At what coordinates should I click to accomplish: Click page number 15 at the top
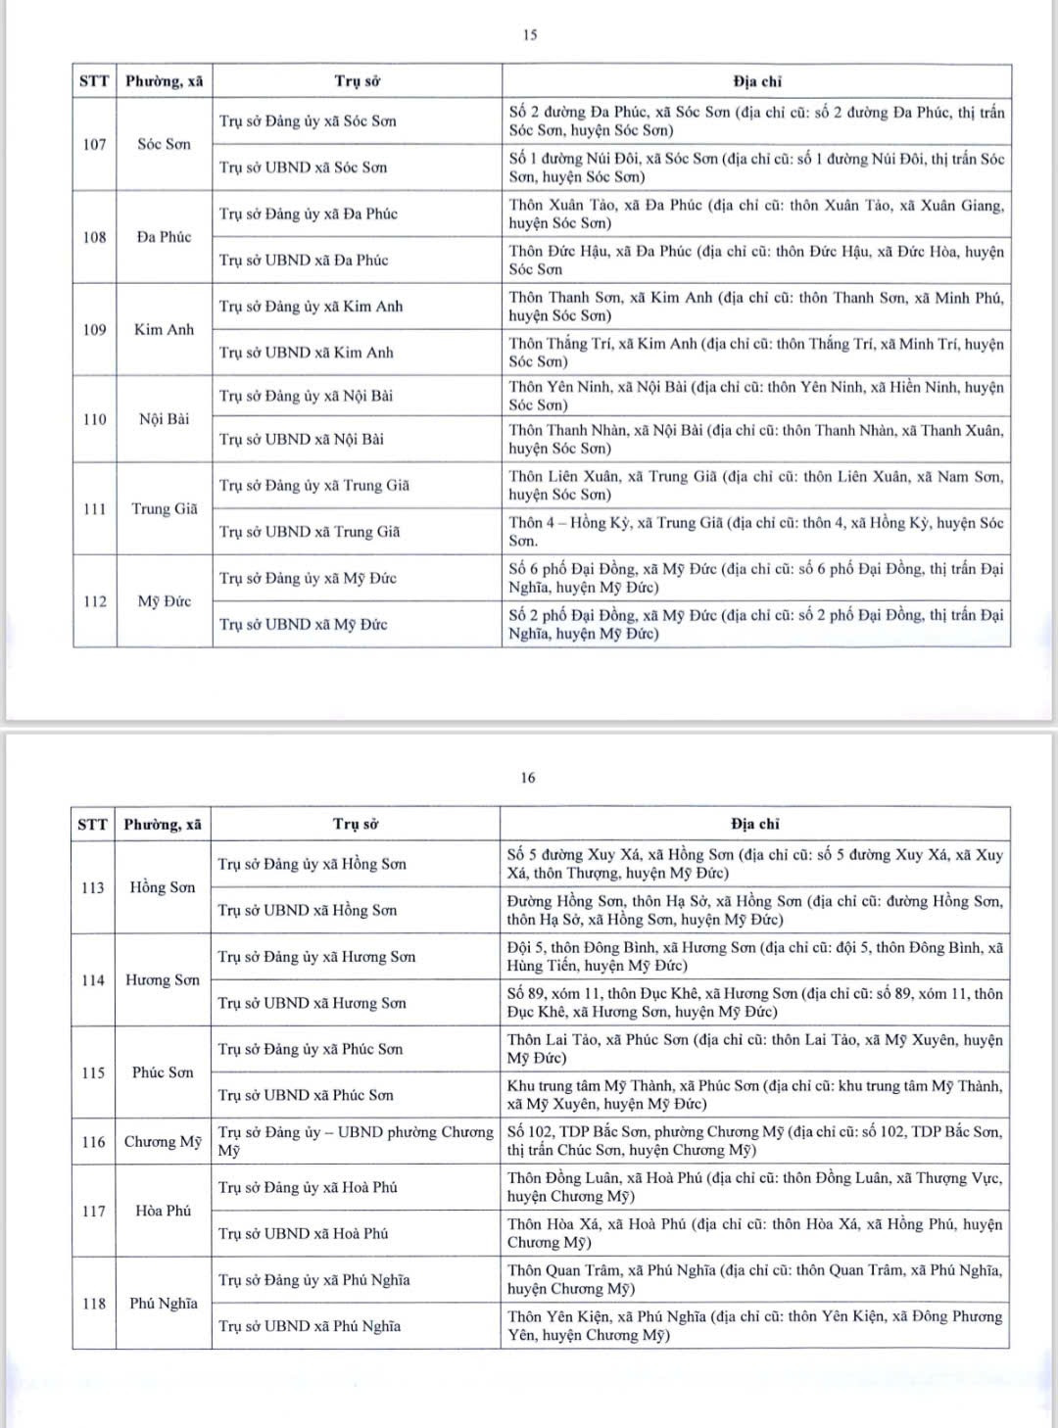point(530,35)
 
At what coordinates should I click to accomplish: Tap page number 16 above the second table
point(528,778)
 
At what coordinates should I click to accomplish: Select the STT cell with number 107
point(94,144)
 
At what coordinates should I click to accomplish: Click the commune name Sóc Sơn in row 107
point(164,144)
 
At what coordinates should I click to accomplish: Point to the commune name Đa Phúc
point(164,237)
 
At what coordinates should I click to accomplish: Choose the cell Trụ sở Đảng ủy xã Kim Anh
point(311,307)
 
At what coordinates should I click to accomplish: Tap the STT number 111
point(94,508)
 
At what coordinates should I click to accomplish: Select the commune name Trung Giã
point(164,508)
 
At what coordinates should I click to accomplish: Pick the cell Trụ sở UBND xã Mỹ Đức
point(303,624)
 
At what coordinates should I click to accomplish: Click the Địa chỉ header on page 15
point(756,81)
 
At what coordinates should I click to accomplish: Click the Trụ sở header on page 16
point(356,824)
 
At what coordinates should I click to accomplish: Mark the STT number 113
point(93,887)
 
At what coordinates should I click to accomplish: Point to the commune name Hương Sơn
point(162,979)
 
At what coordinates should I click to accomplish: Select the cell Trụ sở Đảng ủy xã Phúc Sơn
point(310,1049)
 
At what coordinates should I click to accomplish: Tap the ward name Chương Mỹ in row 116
point(162,1141)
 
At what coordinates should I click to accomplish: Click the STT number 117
point(93,1211)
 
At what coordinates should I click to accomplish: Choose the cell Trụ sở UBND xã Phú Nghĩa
point(309,1326)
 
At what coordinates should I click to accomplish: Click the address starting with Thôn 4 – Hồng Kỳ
point(755,531)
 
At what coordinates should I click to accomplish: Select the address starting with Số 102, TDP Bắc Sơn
point(754,1141)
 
